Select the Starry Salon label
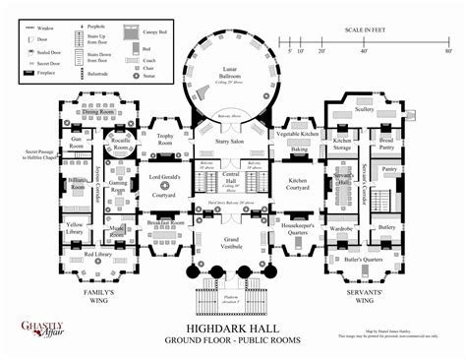point(233,144)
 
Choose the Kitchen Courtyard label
point(300,184)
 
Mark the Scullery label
point(365,110)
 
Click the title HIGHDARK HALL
point(233,329)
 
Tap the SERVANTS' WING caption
point(366,297)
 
